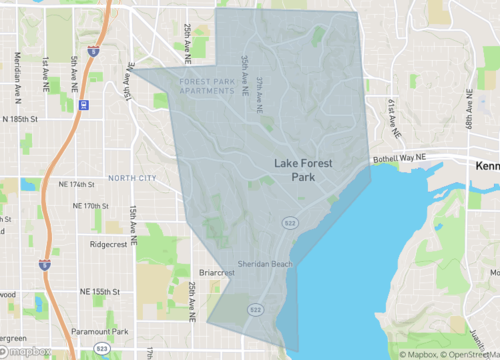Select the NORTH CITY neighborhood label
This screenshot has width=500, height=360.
click(x=133, y=178)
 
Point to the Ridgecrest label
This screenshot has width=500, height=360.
click(x=110, y=243)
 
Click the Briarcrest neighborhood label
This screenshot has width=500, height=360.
click(x=216, y=271)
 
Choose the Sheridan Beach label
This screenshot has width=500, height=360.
click(x=265, y=264)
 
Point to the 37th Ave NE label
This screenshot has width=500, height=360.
click(x=258, y=91)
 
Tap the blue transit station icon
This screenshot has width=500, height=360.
click(x=84, y=103)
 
